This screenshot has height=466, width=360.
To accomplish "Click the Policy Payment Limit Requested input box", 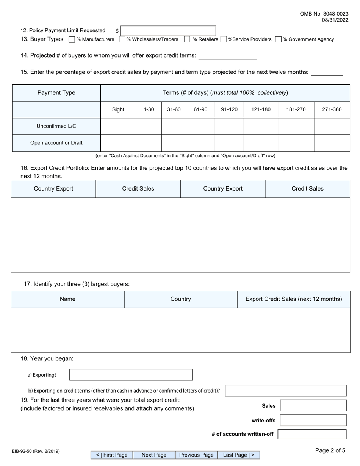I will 168,31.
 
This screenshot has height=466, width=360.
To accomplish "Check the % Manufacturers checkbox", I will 72,39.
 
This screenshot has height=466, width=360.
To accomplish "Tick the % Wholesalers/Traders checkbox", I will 122,39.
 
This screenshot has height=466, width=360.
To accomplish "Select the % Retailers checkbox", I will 187,39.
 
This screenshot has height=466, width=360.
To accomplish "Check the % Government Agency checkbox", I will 279,39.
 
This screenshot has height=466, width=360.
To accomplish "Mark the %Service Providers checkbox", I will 224,39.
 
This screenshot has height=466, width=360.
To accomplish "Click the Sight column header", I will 118,109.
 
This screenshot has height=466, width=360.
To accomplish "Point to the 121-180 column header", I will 261,109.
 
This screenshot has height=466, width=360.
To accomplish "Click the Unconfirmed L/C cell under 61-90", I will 200,126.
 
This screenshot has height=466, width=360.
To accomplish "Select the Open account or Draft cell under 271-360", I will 332,143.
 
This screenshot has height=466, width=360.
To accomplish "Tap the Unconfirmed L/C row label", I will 56,126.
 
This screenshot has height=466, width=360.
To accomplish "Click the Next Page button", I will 154,455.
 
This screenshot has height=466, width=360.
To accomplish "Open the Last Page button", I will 239,455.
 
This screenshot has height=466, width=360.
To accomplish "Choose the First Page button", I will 112,455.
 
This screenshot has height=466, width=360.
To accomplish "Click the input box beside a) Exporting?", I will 131,375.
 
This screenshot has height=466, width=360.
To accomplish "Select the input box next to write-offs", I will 313,420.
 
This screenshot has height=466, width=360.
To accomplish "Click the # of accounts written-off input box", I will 312,434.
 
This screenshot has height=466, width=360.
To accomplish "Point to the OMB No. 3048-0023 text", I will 324,14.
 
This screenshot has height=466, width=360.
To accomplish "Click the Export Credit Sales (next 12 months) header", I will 294,299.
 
